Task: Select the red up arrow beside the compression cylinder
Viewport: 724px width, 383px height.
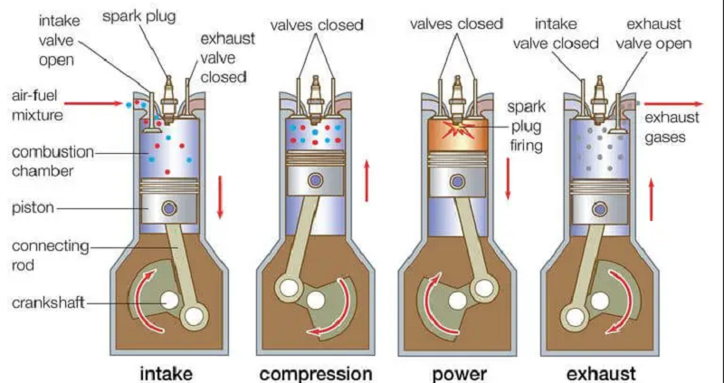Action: (x=367, y=182)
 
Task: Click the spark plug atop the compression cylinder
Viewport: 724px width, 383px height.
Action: (x=315, y=93)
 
